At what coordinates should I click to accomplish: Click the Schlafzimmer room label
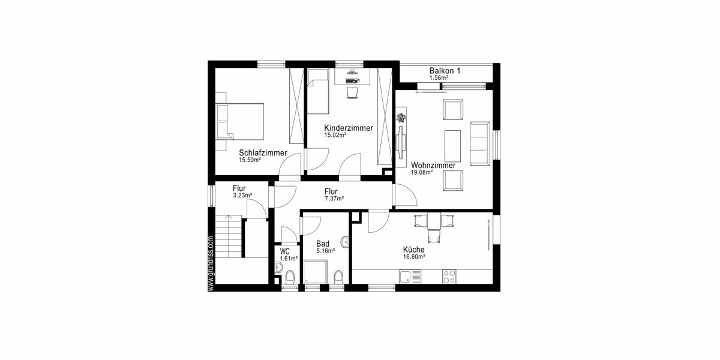pyautogui.click(x=263, y=152)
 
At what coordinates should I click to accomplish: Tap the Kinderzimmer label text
pyautogui.click(x=349, y=128)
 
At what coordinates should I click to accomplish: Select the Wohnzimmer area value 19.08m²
pyautogui.click(x=422, y=173)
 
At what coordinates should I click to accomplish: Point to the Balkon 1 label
pyautogui.click(x=445, y=71)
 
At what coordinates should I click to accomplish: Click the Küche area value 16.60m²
pyautogui.click(x=414, y=257)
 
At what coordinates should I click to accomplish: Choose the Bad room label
pyautogui.click(x=323, y=244)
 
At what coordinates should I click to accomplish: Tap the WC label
pyautogui.click(x=285, y=251)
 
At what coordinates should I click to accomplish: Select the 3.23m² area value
pyautogui.click(x=242, y=196)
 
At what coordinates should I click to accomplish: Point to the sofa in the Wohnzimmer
pyautogui.click(x=479, y=142)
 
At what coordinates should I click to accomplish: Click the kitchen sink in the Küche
pyautogui.click(x=410, y=277)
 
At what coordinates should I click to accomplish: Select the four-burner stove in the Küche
pyautogui.click(x=448, y=277)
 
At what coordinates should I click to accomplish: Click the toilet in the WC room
pyautogui.click(x=290, y=277)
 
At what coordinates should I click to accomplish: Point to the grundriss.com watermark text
pyautogui.click(x=211, y=263)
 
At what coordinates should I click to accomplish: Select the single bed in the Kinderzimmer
pyautogui.click(x=318, y=92)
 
